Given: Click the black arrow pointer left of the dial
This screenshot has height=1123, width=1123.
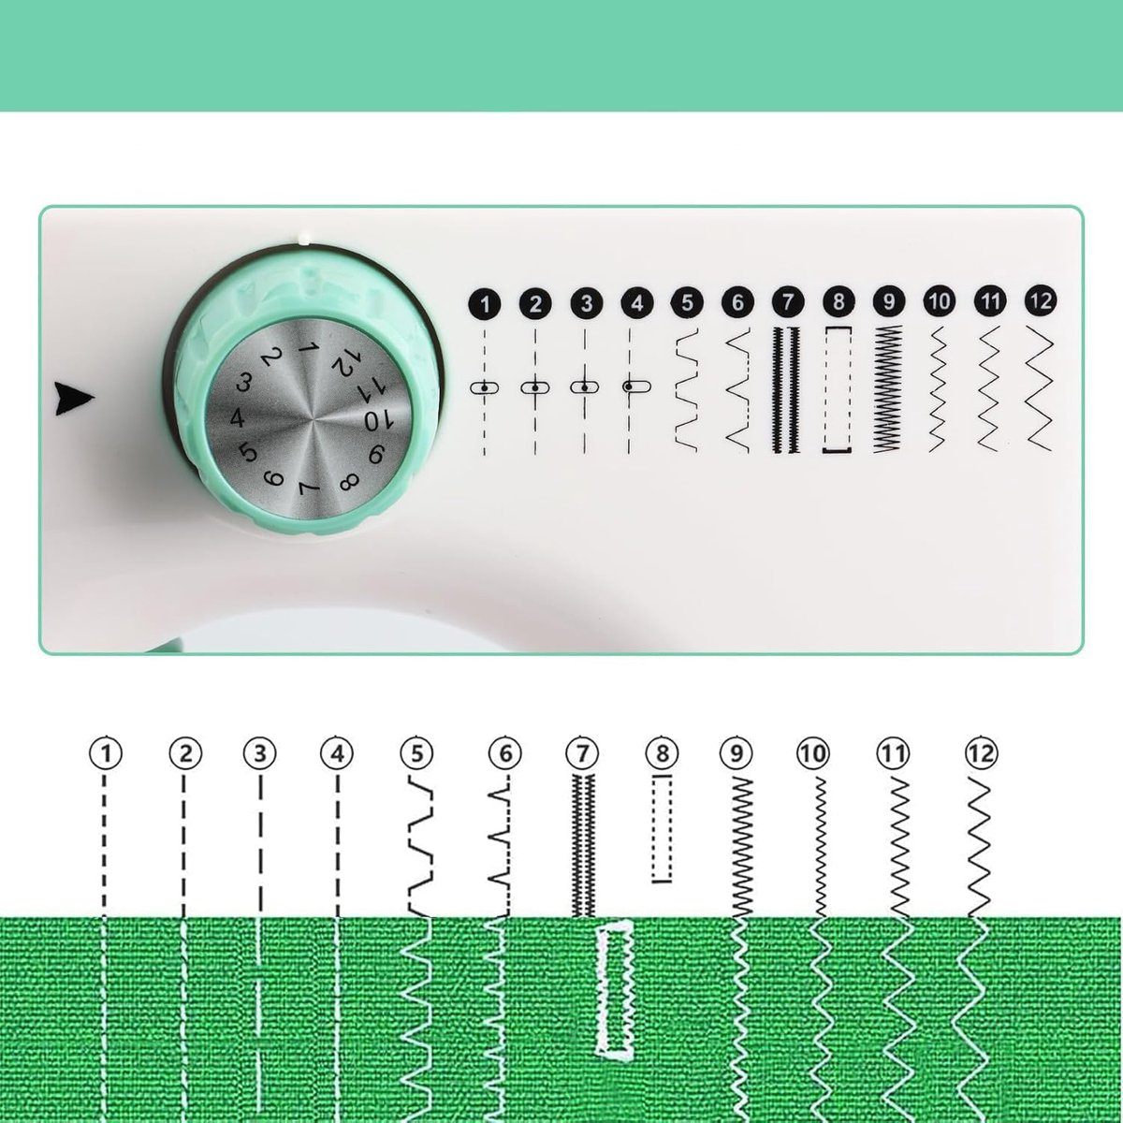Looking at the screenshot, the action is coord(73,400).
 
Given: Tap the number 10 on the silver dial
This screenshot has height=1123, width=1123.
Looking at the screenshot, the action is coord(379,420).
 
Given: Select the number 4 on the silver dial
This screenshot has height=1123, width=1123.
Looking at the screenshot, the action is coord(237,417).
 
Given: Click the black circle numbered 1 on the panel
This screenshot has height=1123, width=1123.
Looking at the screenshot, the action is coord(484,303).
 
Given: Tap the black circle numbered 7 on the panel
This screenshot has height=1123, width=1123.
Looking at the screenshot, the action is coord(788,302).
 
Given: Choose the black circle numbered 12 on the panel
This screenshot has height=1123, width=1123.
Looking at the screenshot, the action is coord(1041,300).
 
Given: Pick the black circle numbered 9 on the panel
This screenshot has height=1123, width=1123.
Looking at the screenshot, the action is coord(889,302).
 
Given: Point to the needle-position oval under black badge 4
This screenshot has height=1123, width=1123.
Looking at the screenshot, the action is coord(636,386).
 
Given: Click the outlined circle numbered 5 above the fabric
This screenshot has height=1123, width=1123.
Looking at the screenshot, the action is coord(416,753).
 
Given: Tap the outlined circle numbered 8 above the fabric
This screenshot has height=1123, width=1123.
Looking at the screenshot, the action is coord(662,753).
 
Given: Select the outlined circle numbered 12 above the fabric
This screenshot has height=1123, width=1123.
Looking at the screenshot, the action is coord(982,753).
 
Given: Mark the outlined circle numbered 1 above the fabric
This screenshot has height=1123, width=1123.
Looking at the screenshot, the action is coord(106,753).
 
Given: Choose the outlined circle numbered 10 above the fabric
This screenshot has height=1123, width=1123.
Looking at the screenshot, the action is coord(813,753).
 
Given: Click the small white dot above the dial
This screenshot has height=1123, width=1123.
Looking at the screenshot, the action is coord(302,238).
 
